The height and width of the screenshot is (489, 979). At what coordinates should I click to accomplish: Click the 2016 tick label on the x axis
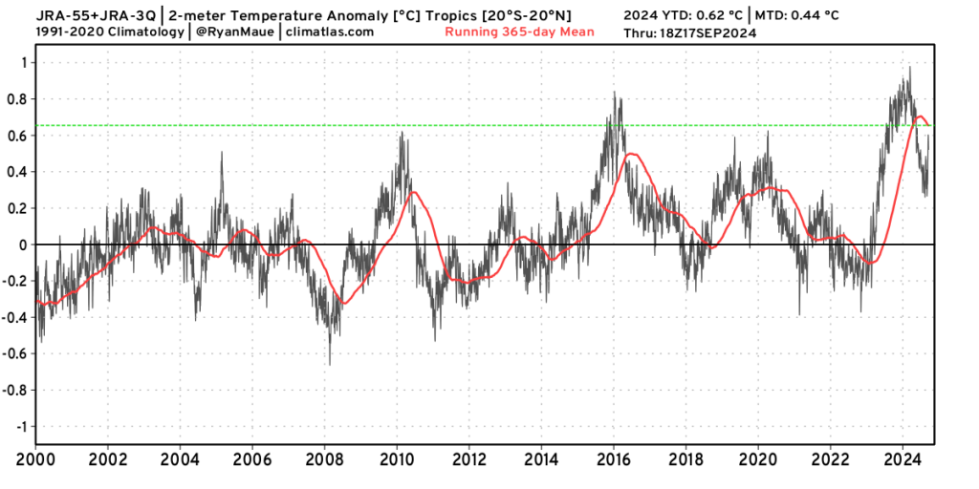(614, 459)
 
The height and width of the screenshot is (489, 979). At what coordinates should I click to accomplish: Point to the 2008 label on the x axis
(325, 459)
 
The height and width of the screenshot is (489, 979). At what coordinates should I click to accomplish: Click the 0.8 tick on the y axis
(17, 99)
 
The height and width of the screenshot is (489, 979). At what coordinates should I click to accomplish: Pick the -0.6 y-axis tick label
(14, 353)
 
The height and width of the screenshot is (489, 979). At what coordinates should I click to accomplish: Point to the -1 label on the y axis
(19, 426)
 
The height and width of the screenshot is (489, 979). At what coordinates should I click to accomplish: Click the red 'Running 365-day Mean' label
(519, 32)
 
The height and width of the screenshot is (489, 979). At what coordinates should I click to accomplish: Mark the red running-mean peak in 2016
(629, 154)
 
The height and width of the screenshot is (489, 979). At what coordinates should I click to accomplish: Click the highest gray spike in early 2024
(909, 68)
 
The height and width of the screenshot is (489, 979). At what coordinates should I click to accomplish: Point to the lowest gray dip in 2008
(330, 364)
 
